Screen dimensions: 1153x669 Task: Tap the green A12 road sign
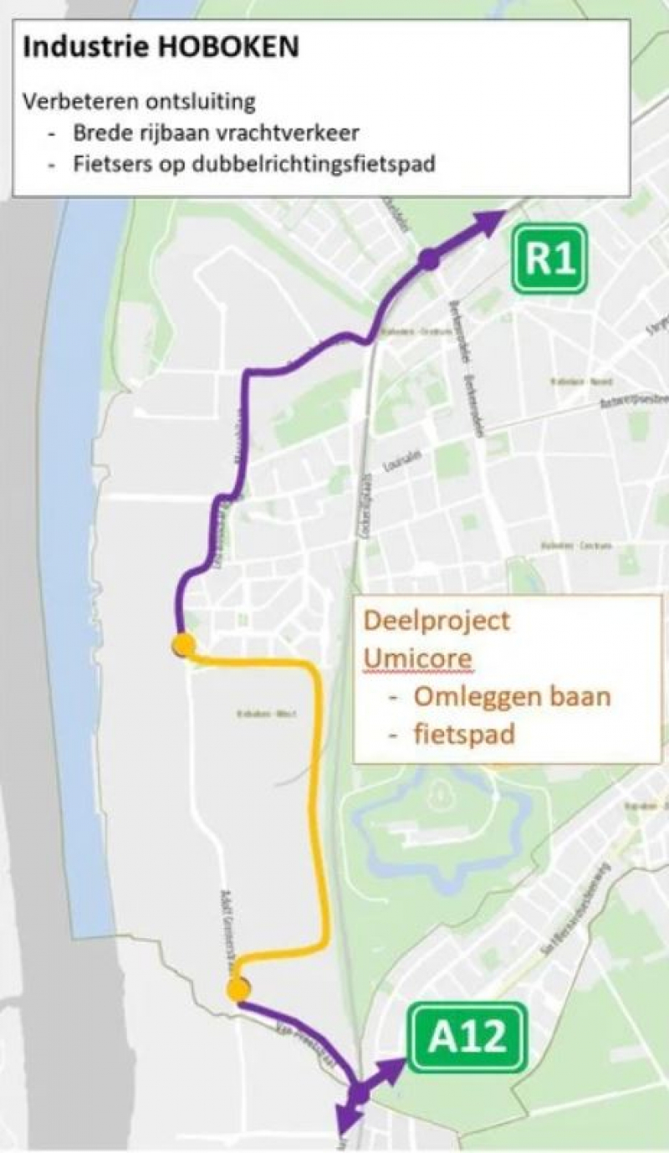[x=467, y=1038]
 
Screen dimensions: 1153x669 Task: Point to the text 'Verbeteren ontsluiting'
[x=139, y=102]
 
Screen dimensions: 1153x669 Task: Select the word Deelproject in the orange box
[x=437, y=622]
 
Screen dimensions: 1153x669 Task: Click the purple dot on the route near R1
[x=430, y=259]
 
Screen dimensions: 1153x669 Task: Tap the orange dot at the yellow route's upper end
[x=183, y=645]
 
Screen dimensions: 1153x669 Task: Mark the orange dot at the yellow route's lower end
[x=238, y=990]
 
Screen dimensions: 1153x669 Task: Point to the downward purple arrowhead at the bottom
[x=345, y=1120]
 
